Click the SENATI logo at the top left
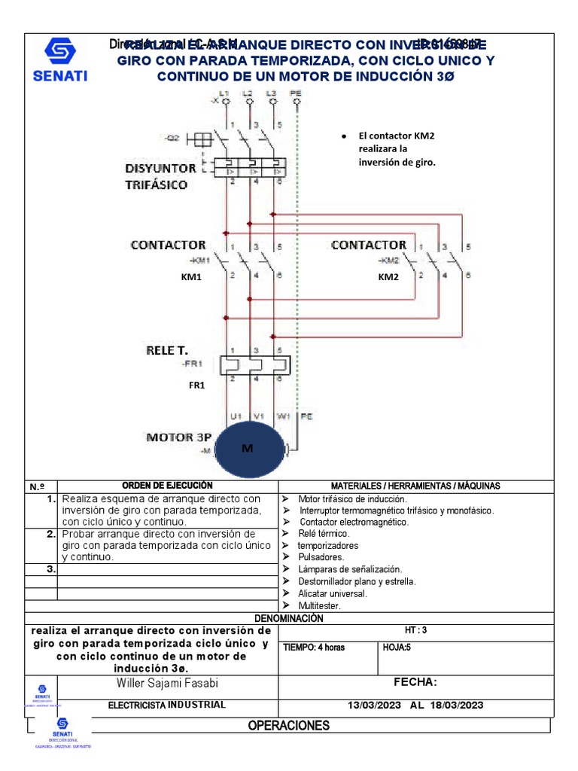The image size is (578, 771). coord(60,59)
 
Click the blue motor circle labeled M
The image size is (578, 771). coord(248,448)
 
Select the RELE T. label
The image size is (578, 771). coord(166,351)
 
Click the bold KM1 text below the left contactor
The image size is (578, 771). coord(192,277)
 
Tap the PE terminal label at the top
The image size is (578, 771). coord(295,93)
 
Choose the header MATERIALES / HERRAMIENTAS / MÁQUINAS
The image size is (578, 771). coord(415,486)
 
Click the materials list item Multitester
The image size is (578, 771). coord(319,605)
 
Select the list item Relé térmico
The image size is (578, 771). coord(324,533)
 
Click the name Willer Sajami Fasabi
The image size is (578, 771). coord(169,683)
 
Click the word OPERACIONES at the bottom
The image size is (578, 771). coord(289,726)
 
